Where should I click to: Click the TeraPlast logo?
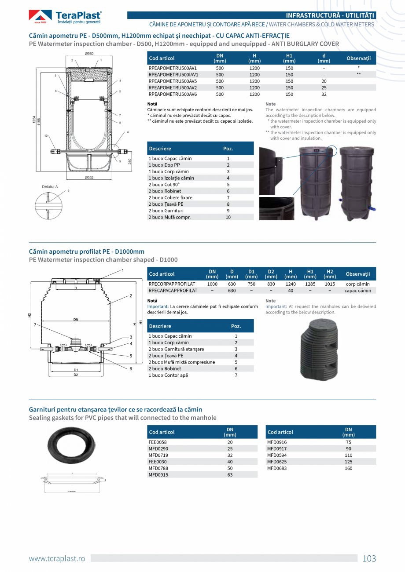point(65,17)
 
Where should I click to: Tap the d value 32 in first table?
point(324,94)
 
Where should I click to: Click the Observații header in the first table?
point(358,58)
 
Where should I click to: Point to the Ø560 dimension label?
point(89,54)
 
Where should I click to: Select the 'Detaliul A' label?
point(50,187)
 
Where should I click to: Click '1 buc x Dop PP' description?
point(164,165)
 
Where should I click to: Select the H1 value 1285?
point(310,284)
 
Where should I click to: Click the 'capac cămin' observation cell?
point(357,291)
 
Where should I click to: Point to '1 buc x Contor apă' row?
point(168,375)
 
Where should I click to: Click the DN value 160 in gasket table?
point(348,468)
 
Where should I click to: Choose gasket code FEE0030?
point(158,462)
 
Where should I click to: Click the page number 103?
point(369,558)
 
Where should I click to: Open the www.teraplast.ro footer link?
point(57,558)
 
